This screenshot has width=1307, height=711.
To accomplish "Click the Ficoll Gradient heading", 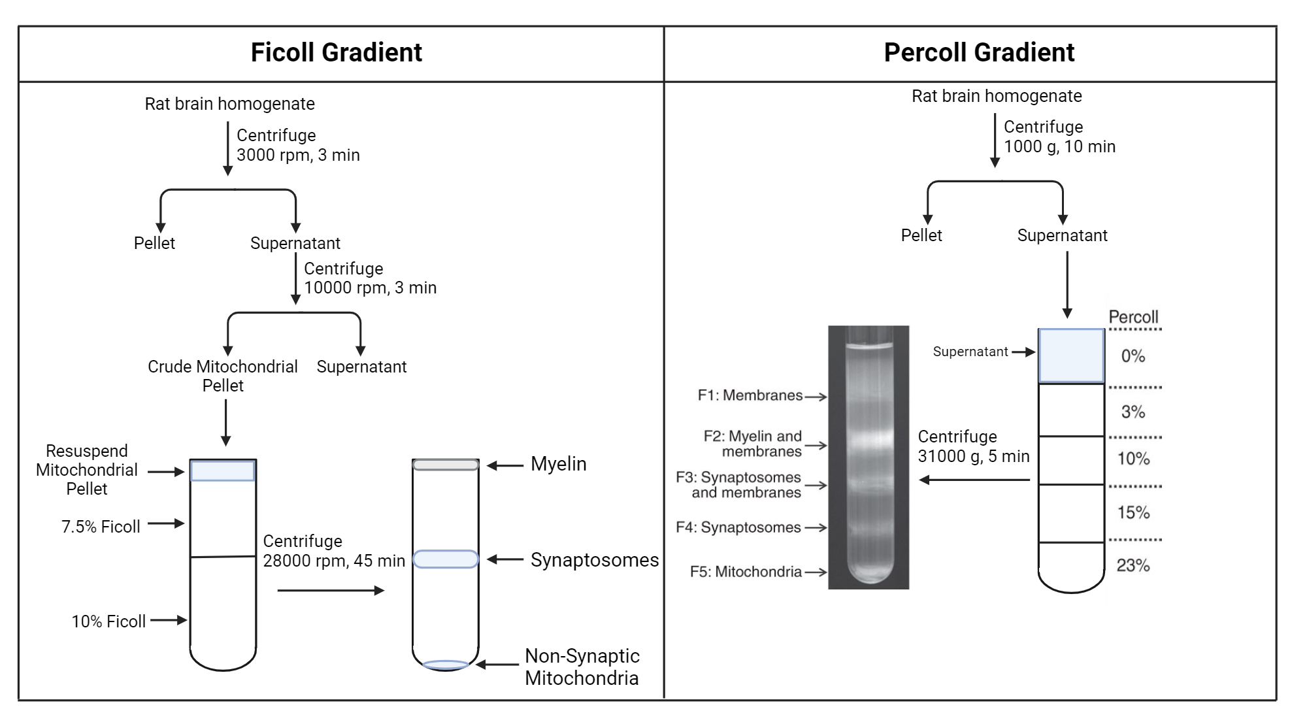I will [x=336, y=52].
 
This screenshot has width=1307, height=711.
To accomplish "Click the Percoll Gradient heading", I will [x=978, y=52].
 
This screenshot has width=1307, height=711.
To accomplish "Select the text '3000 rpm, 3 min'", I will [x=298, y=156].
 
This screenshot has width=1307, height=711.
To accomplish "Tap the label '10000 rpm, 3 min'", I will [x=370, y=288].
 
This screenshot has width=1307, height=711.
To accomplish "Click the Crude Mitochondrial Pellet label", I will [x=222, y=376].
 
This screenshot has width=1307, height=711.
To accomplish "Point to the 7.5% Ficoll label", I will [x=101, y=527].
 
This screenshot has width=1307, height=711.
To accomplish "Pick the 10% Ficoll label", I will [x=108, y=621].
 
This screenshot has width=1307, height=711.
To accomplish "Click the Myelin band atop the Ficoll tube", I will [x=446, y=465].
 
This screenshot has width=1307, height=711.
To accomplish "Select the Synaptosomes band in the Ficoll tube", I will [x=446, y=559].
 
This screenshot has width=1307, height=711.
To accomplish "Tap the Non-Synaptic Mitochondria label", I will [x=582, y=667].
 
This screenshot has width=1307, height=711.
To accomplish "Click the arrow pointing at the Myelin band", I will [x=505, y=466].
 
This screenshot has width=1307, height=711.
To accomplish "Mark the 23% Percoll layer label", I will [x=1133, y=565].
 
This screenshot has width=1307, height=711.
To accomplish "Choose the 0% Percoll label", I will [x=1133, y=356].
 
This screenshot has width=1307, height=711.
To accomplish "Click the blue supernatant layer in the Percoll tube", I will [x=1071, y=356].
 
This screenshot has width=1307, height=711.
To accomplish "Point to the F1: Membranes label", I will [x=750, y=395].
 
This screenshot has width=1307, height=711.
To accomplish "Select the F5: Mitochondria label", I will [x=745, y=572].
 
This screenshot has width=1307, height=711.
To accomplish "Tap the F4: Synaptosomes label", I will [x=738, y=527].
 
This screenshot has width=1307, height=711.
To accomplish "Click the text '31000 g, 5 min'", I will [x=973, y=457].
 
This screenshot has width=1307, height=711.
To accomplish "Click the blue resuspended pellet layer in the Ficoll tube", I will [x=223, y=471].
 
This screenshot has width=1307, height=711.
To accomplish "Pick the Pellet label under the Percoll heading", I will [x=921, y=235].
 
